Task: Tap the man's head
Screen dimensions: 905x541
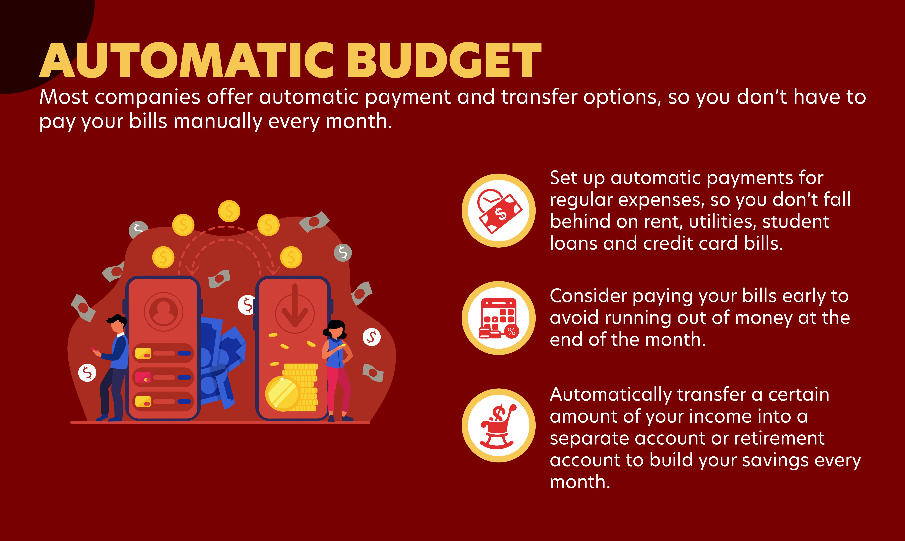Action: [x=117, y=324]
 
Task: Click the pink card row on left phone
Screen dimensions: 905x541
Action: [x=163, y=377]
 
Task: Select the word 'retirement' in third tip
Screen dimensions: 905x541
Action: [x=778, y=439]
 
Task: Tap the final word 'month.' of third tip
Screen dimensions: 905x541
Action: [x=580, y=482]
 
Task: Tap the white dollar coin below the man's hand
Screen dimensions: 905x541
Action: [x=87, y=373]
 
